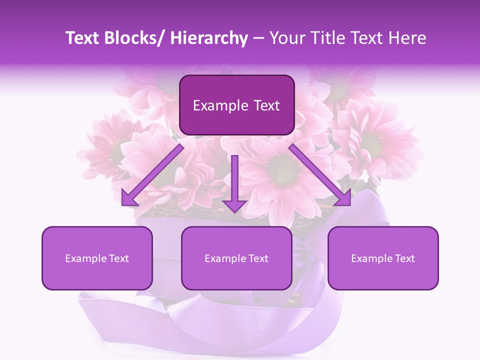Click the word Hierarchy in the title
coord(209,38)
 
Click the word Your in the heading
coord(286,38)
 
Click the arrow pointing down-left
coord(152,175)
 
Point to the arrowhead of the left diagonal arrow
coord(128,199)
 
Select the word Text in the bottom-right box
coord(404,258)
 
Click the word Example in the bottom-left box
coord(86,258)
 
